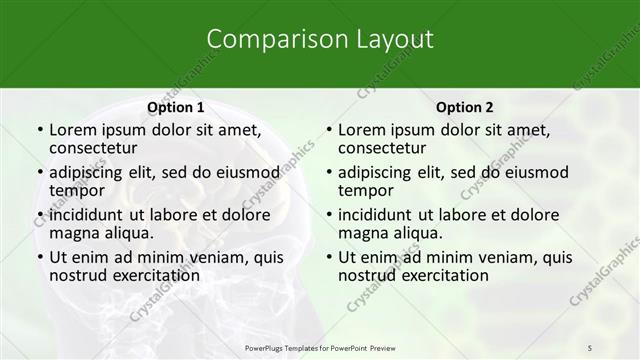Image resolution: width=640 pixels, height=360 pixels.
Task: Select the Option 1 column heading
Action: (175, 107)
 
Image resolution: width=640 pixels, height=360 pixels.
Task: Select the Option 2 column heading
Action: (464, 107)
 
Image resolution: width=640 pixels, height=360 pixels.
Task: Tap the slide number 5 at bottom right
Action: (590, 347)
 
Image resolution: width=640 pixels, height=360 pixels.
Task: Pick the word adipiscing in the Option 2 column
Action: (380, 172)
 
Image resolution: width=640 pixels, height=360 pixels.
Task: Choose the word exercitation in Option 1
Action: (148, 275)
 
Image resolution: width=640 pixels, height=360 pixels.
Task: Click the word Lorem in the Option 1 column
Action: (73, 130)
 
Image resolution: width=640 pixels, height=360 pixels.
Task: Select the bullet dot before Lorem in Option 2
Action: (328, 130)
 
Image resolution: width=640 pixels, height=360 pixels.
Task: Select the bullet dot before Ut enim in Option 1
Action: (39, 257)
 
